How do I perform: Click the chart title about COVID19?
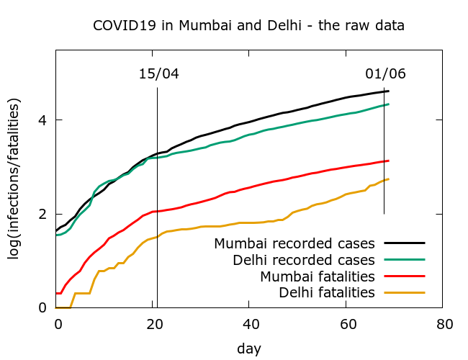click(x=248, y=25)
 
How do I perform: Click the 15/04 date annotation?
click(x=158, y=74)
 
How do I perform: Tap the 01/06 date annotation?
click(x=385, y=74)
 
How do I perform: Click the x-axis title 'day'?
click(x=249, y=348)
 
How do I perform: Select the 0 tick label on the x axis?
click(x=58, y=324)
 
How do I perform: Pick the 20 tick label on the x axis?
click(x=154, y=324)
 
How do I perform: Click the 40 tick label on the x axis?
click(x=251, y=324)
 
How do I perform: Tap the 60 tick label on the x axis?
click(x=347, y=324)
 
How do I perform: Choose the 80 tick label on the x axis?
click(x=444, y=324)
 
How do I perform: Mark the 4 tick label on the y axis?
click(x=43, y=120)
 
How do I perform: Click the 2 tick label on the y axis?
click(x=43, y=214)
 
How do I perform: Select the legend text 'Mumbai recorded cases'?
click(x=294, y=243)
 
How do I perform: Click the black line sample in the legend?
click(x=405, y=243)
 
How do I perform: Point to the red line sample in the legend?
click(x=405, y=276)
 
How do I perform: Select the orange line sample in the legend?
click(x=405, y=292)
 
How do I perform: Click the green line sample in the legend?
click(x=405, y=259)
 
